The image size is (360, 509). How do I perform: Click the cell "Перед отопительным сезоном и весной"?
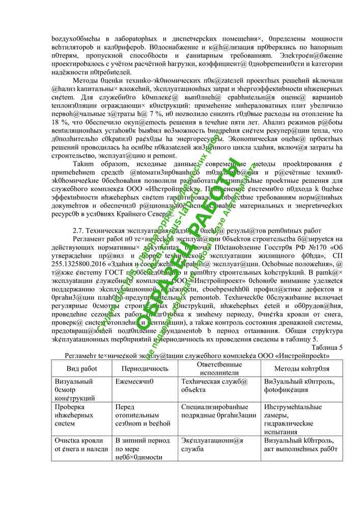(x=135, y=415)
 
